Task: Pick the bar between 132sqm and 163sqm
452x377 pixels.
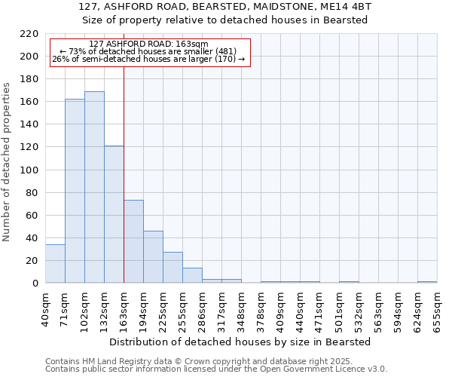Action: coord(114,214)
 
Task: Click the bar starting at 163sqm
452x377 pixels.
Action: coord(133,241)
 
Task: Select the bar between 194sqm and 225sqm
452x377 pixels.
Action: coord(153,257)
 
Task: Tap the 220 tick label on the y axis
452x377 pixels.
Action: coord(29,34)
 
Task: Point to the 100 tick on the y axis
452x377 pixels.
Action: coord(29,170)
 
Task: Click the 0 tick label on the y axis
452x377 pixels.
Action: coord(35,284)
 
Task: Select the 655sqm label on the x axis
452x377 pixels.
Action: coord(437,309)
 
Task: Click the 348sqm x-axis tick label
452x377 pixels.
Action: coord(241,309)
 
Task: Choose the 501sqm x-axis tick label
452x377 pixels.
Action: coord(339,309)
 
